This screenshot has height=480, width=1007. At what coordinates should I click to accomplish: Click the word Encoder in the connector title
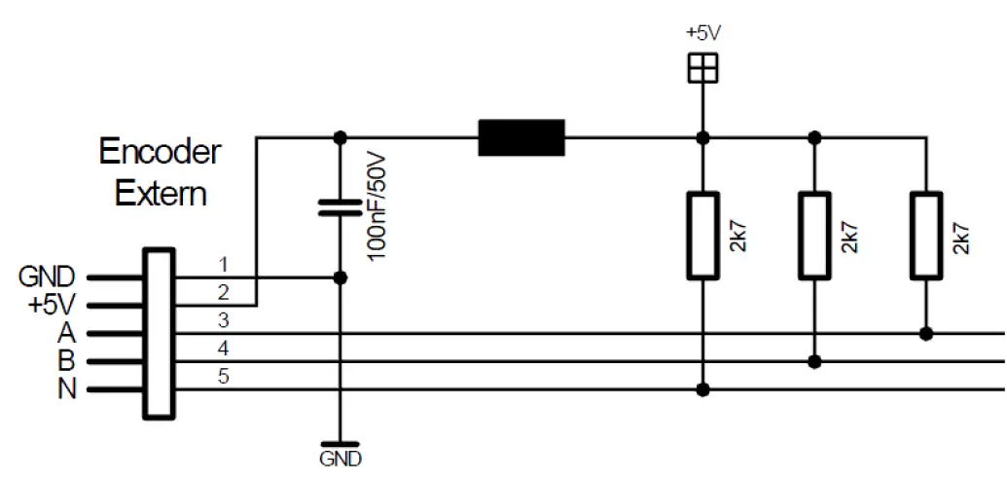161,153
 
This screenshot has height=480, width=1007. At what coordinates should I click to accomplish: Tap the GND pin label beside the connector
47,278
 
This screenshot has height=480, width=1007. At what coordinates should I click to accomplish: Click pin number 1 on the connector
223,265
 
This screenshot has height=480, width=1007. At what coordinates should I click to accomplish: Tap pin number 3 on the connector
223,320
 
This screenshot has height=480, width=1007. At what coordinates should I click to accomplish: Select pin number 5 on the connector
223,377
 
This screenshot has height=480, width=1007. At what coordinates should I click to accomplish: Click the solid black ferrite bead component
521,137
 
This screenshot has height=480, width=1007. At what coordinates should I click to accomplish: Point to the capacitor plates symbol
340,207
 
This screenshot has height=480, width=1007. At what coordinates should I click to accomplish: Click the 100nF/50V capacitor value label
377,204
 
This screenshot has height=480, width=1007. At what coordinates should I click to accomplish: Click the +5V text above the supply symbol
702,32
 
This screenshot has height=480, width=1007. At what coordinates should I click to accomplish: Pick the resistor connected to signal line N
702,236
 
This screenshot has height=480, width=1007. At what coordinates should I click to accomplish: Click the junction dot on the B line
814,362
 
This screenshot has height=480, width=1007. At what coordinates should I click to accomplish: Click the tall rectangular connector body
160,333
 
